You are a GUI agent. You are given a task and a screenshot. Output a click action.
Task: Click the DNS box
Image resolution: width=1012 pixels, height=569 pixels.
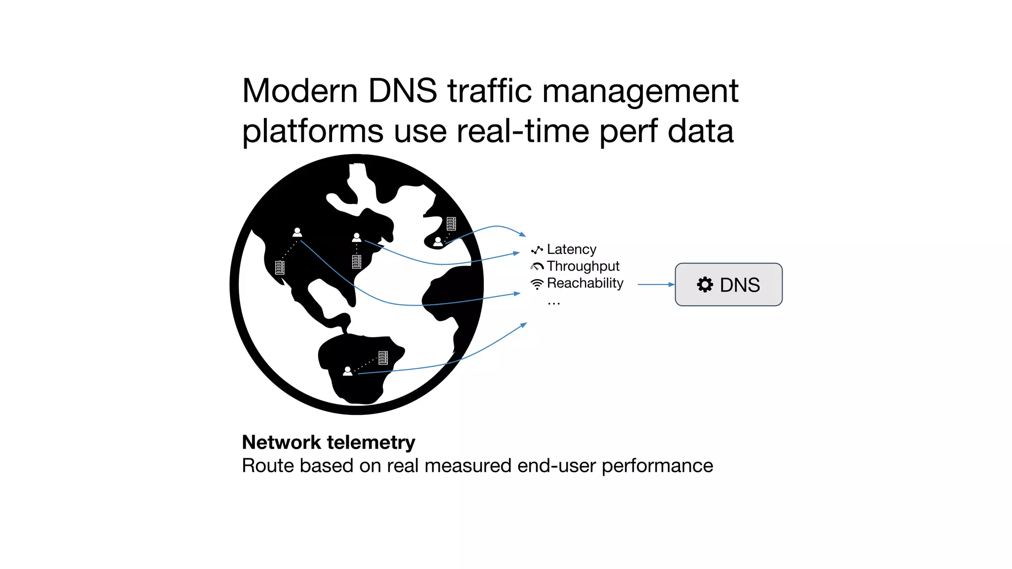[728, 284]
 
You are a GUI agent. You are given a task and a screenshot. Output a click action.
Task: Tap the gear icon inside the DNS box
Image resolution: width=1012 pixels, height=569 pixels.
[705, 284]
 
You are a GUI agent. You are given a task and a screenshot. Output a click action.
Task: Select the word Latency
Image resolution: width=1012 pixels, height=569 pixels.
[571, 249]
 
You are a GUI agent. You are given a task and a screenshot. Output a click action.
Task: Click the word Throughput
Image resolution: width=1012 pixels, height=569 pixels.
[583, 266]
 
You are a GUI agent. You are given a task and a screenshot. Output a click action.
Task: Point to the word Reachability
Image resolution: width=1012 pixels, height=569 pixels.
[585, 283]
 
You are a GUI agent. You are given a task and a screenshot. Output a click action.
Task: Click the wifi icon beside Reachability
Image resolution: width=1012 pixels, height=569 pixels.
[537, 284]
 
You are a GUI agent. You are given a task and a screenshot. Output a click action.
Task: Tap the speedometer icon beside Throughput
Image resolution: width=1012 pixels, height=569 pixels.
[537, 267]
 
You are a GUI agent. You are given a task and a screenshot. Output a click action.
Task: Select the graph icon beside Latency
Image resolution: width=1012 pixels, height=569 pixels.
[537, 250]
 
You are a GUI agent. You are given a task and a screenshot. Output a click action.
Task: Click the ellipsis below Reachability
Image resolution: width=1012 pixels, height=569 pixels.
[553, 303]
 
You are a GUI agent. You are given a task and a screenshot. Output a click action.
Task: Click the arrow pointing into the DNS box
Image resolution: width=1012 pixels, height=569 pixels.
[656, 284]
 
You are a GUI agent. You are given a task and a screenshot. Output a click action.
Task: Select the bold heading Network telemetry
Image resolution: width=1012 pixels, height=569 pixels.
[329, 442]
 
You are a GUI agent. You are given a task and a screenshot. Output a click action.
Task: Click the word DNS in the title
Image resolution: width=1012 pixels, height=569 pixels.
[402, 91]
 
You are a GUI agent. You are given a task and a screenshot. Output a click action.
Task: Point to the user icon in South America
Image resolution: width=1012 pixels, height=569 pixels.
[348, 371]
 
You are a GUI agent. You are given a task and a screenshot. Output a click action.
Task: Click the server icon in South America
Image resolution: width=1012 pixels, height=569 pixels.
[383, 358]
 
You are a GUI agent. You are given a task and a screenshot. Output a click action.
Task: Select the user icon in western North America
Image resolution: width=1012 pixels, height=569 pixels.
[297, 232]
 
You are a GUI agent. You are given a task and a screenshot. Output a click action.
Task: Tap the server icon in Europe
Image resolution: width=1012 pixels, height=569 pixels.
[451, 224]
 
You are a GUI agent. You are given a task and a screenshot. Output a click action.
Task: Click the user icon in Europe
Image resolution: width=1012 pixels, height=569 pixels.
[438, 242]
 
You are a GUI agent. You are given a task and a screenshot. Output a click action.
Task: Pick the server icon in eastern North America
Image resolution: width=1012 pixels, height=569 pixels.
[356, 261]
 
